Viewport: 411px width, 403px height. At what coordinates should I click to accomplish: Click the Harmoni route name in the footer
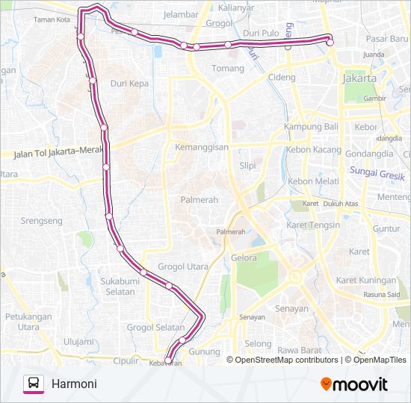[x=74, y=384]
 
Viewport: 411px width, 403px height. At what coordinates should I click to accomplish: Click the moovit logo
[x=354, y=384]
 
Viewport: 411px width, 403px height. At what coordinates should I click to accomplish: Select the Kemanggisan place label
[x=201, y=148]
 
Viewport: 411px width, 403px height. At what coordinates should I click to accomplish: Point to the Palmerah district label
[x=199, y=199]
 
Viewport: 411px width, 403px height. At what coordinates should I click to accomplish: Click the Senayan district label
[x=291, y=308]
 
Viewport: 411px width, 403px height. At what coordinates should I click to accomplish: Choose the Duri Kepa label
[x=129, y=84]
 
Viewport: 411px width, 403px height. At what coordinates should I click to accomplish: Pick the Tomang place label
[x=228, y=69]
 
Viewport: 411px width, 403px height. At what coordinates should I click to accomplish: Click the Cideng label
[x=282, y=77]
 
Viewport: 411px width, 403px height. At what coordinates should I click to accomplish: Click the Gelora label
[x=244, y=258]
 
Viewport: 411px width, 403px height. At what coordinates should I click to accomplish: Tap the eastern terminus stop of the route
[x=330, y=43]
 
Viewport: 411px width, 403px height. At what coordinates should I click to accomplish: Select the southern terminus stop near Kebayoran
[x=168, y=360]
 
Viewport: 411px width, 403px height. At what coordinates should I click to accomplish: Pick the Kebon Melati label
[x=313, y=181]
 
